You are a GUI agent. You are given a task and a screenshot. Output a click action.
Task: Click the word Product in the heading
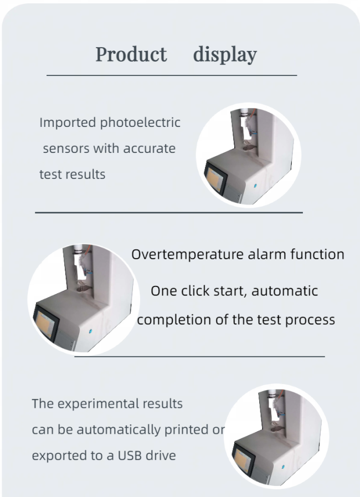(x=131, y=54)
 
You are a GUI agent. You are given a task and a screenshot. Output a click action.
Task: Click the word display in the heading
(x=225, y=55)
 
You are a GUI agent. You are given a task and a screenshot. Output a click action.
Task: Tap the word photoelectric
(x=140, y=122)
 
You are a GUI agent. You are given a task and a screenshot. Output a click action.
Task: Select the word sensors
(x=66, y=148)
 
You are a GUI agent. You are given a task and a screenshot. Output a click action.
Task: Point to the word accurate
(x=149, y=148)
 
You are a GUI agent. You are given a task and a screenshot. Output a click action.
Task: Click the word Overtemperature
(x=187, y=254)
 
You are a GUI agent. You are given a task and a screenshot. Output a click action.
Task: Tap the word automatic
(x=285, y=291)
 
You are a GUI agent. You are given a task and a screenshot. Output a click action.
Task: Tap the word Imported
(x=68, y=123)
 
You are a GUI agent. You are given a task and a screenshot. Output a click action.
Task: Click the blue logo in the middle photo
(x=90, y=331)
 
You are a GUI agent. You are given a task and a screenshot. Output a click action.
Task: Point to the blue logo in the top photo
(x=255, y=186)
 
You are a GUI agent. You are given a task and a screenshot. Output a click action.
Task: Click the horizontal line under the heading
(x=172, y=75)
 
